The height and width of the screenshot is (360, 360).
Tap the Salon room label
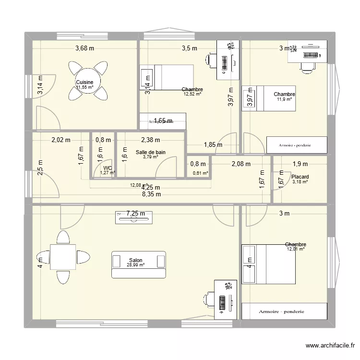pyautogui.click(x=135, y=260)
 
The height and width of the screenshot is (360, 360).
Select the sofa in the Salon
pyautogui.click(x=139, y=264)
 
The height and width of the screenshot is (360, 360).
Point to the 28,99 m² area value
pyautogui.click(x=135, y=265)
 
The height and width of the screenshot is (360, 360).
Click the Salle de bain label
pyautogui.click(x=150, y=152)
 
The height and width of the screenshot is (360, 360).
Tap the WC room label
pyautogui.click(x=108, y=168)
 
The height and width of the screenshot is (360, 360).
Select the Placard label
pyautogui.click(x=300, y=177)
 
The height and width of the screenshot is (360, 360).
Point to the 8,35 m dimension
pyautogui.click(x=151, y=194)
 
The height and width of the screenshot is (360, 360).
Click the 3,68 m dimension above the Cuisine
pyautogui.click(x=84, y=48)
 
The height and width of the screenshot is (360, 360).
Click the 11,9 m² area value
pyautogui.click(x=284, y=99)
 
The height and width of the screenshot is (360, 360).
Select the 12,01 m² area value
pyautogui.click(x=295, y=249)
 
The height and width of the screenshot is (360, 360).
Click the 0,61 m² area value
pyautogui.click(x=200, y=173)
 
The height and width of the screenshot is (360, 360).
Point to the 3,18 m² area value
pyautogui.click(x=300, y=181)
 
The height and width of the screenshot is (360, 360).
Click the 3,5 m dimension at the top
pyautogui.click(x=189, y=48)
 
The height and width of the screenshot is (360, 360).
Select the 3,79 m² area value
pyautogui.click(x=150, y=157)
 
